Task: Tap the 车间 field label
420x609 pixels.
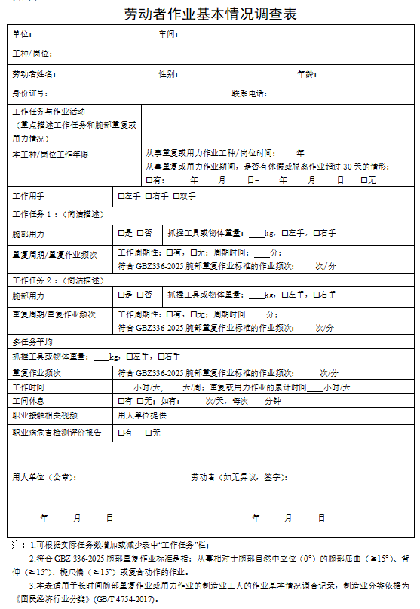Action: [x=167, y=35]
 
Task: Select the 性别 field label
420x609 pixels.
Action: [x=167, y=74]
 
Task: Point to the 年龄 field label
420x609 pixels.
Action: [x=306, y=74]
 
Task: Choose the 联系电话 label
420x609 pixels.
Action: [x=250, y=93]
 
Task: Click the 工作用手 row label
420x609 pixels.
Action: [x=29, y=196]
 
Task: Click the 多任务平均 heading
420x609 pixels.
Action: [x=32, y=342]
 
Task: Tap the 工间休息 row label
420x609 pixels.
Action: [x=29, y=401]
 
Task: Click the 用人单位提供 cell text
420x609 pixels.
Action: [x=142, y=415]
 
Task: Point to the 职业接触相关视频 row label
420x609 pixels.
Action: [x=44, y=415]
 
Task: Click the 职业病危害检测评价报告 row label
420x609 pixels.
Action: [x=57, y=433]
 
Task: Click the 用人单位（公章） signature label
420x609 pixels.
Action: [x=44, y=477]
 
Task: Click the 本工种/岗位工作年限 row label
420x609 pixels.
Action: [x=51, y=155]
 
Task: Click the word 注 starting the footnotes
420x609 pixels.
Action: [x=16, y=544]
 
